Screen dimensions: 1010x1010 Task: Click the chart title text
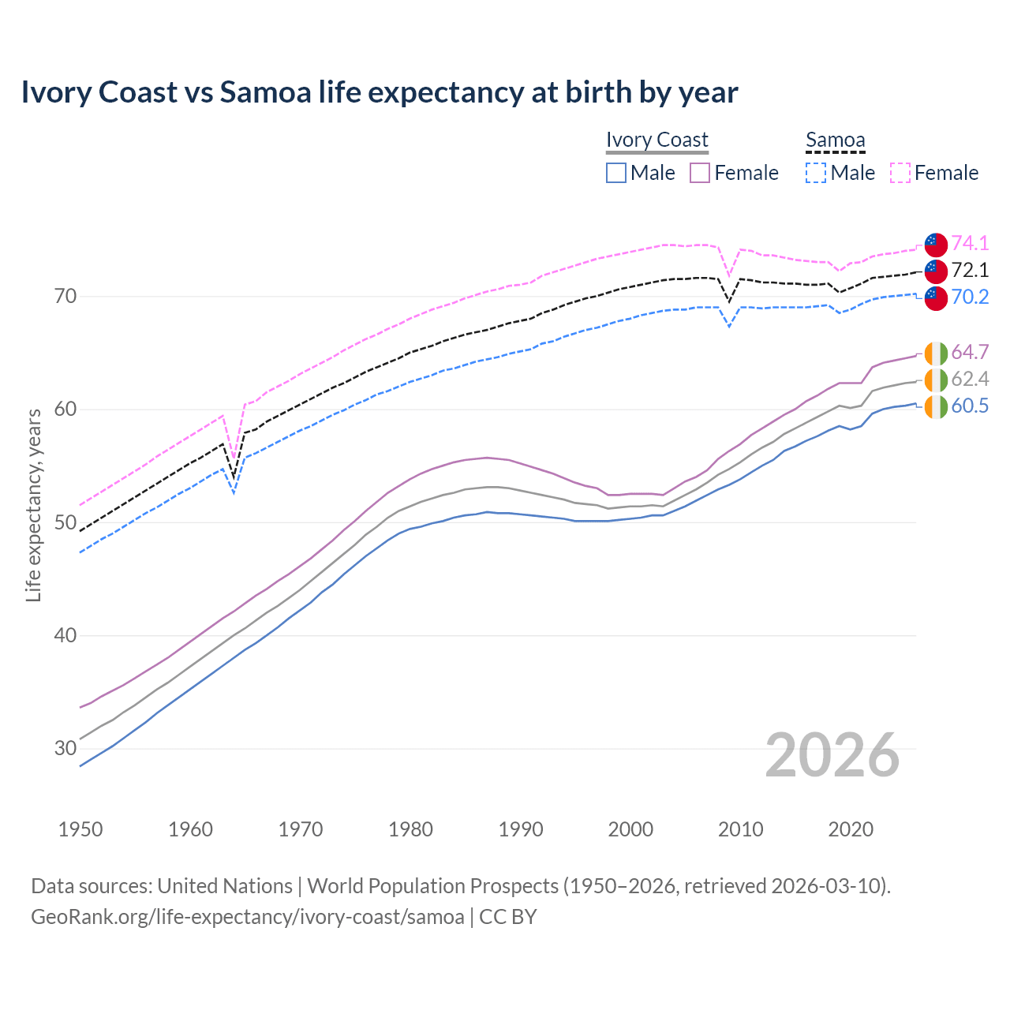(380, 92)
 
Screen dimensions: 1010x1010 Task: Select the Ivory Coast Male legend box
(616, 173)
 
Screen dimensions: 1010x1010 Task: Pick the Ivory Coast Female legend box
(700, 173)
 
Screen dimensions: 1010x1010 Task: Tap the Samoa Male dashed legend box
(816, 173)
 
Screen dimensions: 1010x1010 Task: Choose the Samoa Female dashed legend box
(900, 173)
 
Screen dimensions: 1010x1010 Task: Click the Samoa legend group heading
(836, 140)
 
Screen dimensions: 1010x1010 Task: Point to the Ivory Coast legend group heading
(657, 140)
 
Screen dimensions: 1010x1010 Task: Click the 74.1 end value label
(970, 243)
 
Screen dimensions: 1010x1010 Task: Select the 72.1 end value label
(970, 270)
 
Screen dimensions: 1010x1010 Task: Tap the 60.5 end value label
(970, 406)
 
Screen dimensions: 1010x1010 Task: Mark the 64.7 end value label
(970, 352)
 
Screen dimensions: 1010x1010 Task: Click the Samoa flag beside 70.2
(936, 298)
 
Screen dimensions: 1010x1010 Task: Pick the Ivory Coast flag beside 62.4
(936, 380)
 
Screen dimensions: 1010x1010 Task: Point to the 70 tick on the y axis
(65, 297)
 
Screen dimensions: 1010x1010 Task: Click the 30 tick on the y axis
(65, 748)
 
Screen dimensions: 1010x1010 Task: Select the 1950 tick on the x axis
(80, 829)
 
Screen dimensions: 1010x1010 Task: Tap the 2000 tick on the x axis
(630, 829)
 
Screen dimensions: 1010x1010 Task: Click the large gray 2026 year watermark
(832, 755)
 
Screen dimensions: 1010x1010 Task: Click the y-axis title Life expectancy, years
(34, 505)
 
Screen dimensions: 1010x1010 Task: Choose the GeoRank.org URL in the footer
(248, 917)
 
